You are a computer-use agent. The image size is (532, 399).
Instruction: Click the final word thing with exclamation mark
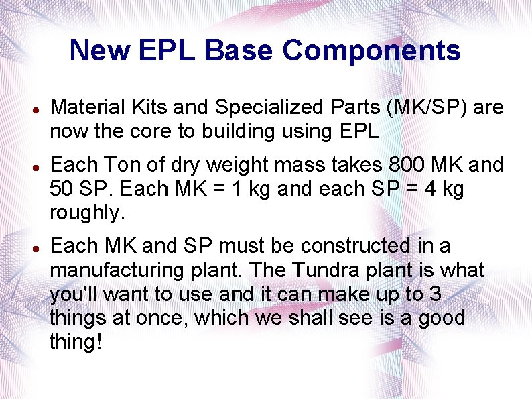(76, 342)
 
